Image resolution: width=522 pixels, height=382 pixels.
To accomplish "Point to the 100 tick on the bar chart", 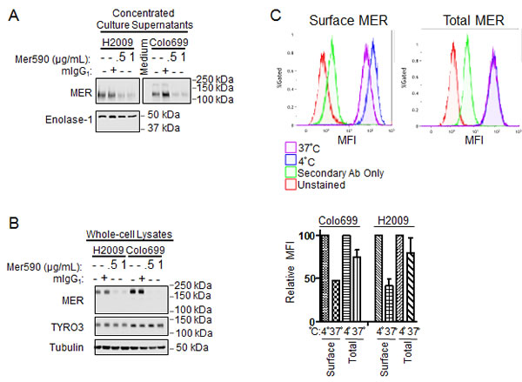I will pyautogui.click(x=324, y=236).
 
